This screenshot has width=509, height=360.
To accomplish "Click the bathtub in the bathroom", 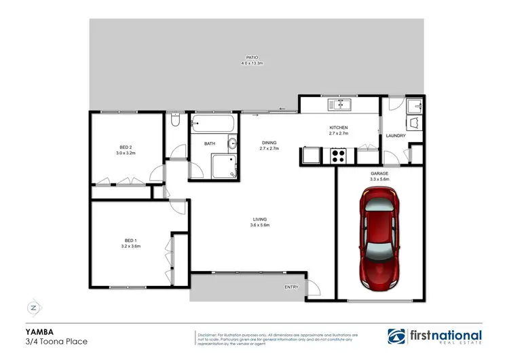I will [x=213, y=124].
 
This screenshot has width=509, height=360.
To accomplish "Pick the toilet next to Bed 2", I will [x=176, y=121].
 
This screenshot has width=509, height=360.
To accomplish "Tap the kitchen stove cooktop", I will [x=339, y=156].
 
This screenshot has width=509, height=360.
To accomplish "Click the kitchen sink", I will [x=339, y=105].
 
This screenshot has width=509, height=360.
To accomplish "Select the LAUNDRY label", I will [x=395, y=136].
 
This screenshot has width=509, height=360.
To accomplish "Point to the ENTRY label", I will [x=292, y=287].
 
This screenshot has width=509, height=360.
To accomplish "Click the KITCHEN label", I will [x=339, y=128].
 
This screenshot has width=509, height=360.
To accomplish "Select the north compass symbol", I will [x=32, y=307].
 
